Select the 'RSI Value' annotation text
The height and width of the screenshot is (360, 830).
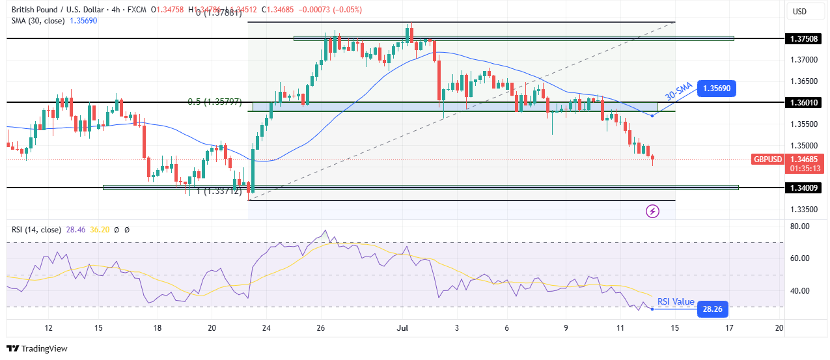(676, 302)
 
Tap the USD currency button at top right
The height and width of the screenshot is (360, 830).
(799, 11)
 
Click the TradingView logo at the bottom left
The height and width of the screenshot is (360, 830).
(37, 348)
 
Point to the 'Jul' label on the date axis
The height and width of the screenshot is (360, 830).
(403, 327)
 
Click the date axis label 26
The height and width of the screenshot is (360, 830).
(321, 327)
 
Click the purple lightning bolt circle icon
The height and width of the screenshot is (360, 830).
(652, 211)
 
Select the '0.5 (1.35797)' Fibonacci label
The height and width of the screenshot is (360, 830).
(214, 102)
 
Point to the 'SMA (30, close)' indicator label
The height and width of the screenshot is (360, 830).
(36, 20)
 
